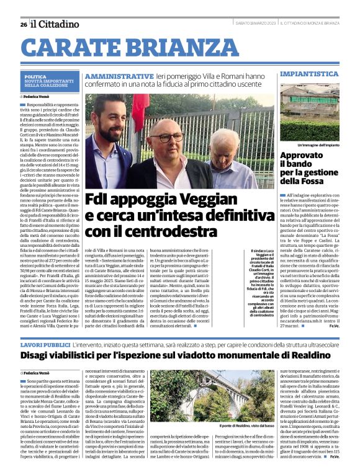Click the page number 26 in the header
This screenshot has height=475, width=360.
(23, 24)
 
